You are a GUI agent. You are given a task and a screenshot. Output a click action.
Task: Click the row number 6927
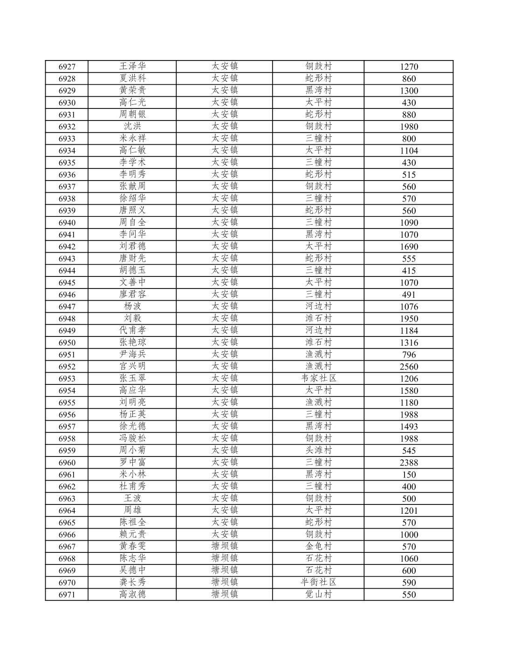(x=67, y=67)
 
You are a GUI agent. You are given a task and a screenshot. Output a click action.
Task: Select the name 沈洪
(x=132, y=126)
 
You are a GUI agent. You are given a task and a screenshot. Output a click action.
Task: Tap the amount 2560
(x=409, y=367)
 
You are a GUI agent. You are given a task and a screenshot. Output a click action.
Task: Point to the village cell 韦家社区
(x=318, y=378)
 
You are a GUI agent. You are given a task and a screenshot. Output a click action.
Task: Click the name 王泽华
(x=132, y=66)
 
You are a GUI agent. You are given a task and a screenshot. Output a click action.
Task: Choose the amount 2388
(x=409, y=463)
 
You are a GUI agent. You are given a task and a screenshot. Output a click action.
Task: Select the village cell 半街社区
(x=318, y=582)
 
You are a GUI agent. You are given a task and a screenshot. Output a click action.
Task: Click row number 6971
(x=67, y=595)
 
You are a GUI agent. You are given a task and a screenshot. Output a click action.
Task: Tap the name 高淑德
(x=132, y=594)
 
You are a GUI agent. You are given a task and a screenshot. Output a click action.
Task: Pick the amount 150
(x=409, y=475)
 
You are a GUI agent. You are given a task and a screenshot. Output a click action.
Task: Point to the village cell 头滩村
(x=318, y=450)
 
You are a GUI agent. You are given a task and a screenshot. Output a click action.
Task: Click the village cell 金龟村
(x=318, y=546)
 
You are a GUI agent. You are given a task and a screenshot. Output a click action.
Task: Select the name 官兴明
(x=132, y=366)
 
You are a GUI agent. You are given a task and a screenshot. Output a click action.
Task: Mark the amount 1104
(x=409, y=151)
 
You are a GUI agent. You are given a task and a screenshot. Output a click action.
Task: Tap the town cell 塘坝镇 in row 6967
(x=225, y=546)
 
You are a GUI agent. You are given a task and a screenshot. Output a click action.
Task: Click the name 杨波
(x=132, y=306)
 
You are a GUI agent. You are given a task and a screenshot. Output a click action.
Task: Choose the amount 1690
(x=409, y=247)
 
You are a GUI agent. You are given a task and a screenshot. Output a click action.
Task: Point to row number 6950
(x=67, y=343)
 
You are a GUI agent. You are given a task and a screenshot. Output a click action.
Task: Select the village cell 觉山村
(x=318, y=594)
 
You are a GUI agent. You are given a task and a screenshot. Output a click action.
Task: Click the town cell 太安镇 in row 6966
(x=225, y=534)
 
